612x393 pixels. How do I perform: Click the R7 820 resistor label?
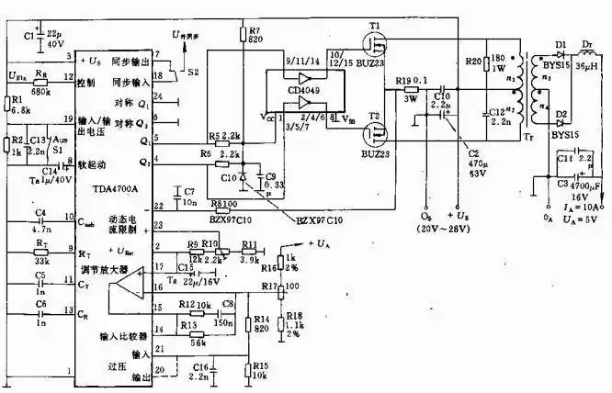point(255,35)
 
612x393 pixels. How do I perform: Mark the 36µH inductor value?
point(587,65)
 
